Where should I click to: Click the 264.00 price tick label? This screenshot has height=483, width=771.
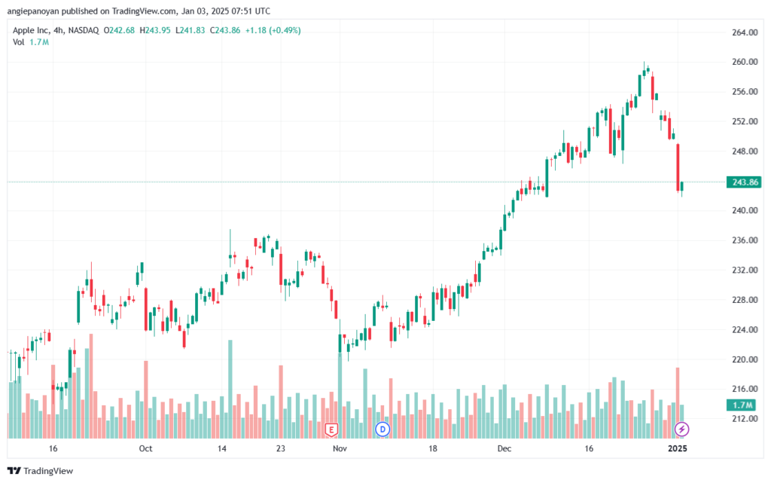point(745,32)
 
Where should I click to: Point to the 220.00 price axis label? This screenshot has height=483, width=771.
point(745,359)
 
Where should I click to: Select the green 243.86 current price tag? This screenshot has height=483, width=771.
point(745,182)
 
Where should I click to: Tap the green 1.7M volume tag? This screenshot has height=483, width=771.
point(742,405)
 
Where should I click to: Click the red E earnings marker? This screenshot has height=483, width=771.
point(331,430)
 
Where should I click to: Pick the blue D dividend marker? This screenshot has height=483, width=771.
point(382,430)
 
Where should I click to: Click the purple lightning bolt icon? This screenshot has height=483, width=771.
point(681,430)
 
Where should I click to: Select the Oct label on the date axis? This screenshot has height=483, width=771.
point(145,448)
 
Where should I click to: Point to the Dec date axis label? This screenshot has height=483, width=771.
point(504,448)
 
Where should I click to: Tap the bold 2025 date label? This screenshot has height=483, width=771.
point(678,448)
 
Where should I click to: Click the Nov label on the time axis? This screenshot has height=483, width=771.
point(340,448)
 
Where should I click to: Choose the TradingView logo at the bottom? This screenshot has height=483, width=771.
point(41,471)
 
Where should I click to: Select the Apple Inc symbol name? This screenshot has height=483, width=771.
point(31,30)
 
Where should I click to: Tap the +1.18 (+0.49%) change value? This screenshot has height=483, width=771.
point(273,30)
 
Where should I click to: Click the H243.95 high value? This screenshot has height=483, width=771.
point(155,30)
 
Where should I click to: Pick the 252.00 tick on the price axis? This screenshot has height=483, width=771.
point(745,121)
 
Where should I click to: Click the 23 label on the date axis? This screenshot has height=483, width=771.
point(280,448)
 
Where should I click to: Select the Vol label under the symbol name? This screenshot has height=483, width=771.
point(19,42)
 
